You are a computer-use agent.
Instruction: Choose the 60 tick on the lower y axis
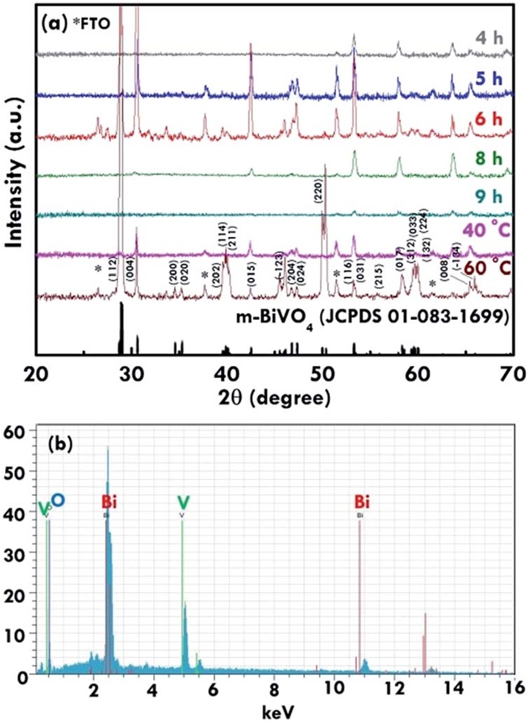point(16,432)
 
